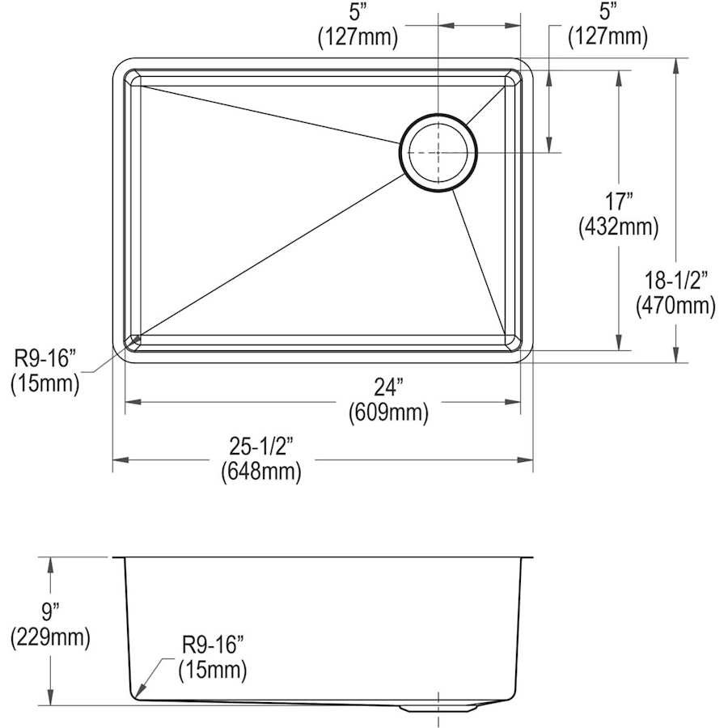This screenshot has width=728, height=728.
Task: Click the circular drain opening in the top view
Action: [438, 153]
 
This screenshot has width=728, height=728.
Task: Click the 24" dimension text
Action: [388, 387]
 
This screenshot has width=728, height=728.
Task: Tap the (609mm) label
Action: [388, 413]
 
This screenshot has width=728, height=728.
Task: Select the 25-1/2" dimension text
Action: [262, 447]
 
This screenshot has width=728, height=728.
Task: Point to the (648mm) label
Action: [261, 472]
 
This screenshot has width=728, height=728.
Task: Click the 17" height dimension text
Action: [619, 201]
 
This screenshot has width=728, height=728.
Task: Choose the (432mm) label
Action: [619, 227]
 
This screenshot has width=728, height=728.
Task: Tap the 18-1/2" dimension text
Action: [676, 281]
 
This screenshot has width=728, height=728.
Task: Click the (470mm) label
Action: [675, 306]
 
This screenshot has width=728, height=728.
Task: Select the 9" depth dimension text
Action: [50, 611]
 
